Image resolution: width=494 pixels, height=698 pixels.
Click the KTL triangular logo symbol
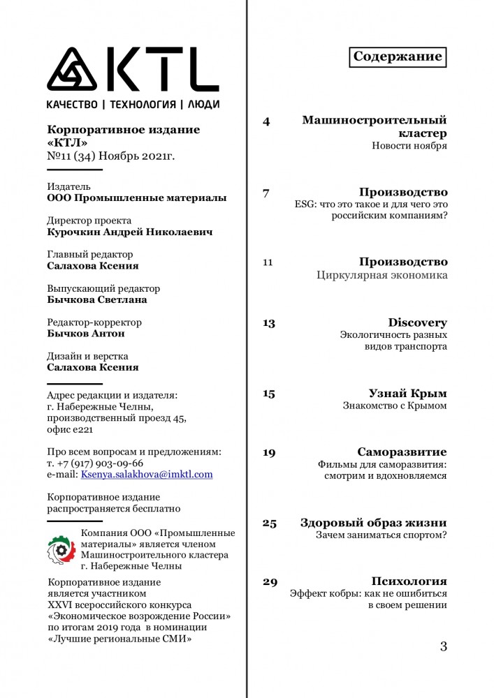point(76,69)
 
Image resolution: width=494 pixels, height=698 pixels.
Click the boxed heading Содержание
point(398,57)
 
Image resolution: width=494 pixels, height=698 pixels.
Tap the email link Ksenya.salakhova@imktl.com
point(147,474)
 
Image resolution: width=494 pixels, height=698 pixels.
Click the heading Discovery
point(417,322)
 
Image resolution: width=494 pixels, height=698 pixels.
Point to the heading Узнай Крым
point(407,393)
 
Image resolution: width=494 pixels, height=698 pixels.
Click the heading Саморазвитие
point(402,452)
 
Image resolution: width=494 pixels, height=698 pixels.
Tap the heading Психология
point(409,581)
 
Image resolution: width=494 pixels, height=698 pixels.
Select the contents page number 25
point(269,523)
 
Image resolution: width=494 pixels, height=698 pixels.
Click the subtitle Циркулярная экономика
point(382,276)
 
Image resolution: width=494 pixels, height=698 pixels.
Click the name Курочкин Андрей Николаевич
point(129,232)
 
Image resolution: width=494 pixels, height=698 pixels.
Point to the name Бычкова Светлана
point(96,299)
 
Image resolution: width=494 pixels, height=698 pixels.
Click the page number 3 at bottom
point(443,646)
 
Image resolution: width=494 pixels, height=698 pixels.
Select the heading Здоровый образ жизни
point(373,523)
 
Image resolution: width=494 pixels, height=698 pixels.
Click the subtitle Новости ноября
point(409,146)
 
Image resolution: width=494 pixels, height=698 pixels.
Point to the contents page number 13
point(268,323)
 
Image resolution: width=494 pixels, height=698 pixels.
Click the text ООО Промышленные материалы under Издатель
point(136,198)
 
